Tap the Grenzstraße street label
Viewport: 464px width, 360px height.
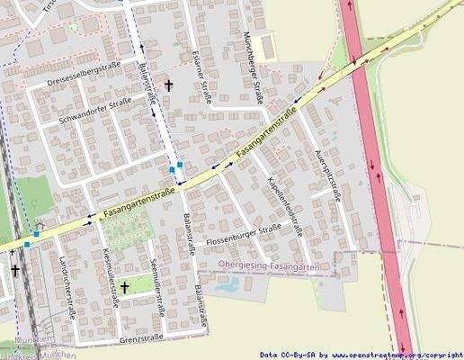(140, 338)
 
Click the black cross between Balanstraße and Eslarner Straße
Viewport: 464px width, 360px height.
(168, 85)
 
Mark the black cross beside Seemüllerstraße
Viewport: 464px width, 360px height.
(124, 287)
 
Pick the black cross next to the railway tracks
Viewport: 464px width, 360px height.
(14, 269)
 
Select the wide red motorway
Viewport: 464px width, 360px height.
(379, 180)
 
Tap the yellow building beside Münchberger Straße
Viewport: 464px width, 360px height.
(263, 45)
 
